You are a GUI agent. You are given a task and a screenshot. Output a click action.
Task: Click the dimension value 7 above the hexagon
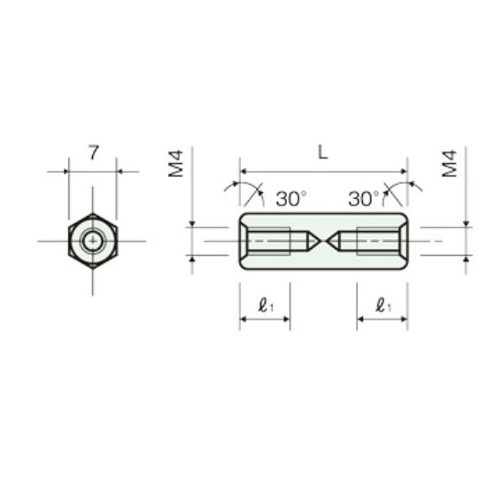(94, 152)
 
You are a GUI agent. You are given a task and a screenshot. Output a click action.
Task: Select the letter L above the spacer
(323, 152)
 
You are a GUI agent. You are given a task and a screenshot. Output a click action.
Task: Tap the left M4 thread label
(176, 164)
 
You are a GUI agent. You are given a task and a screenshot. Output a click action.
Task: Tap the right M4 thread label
(450, 164)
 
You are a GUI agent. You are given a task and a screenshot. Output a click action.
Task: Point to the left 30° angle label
(291, 198)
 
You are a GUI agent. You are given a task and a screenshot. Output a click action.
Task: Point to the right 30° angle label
(364, 198)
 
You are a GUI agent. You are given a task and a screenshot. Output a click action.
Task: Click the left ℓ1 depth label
(266, 305)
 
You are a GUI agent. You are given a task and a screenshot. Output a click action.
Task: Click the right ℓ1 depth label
(383, 305)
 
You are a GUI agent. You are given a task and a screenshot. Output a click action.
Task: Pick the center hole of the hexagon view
(93, 241)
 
